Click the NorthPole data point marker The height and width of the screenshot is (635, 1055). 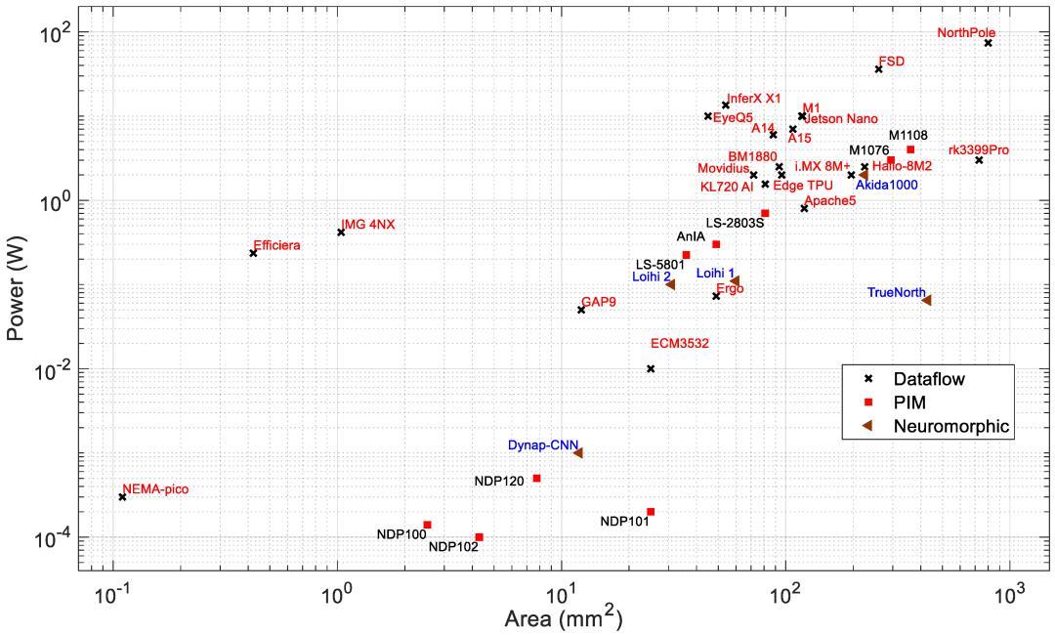(x=989, y=43)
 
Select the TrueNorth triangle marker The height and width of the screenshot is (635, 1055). (x=927, y=300)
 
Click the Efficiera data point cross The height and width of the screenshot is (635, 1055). (x=253, y=253)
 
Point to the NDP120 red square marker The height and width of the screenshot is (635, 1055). (x=536, y=478)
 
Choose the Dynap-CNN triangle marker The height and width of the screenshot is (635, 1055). (x=578, y=453)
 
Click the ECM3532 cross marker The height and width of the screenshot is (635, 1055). (x=651, y=368)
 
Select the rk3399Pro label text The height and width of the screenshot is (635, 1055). (x=978, y=150)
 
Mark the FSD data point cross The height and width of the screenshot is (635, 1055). (x=878, y=68)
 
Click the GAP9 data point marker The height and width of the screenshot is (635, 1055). (x=581, y=310)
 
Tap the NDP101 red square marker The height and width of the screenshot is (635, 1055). (x=651, y=512)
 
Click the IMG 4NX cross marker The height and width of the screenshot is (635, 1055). (x=341, y=233)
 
